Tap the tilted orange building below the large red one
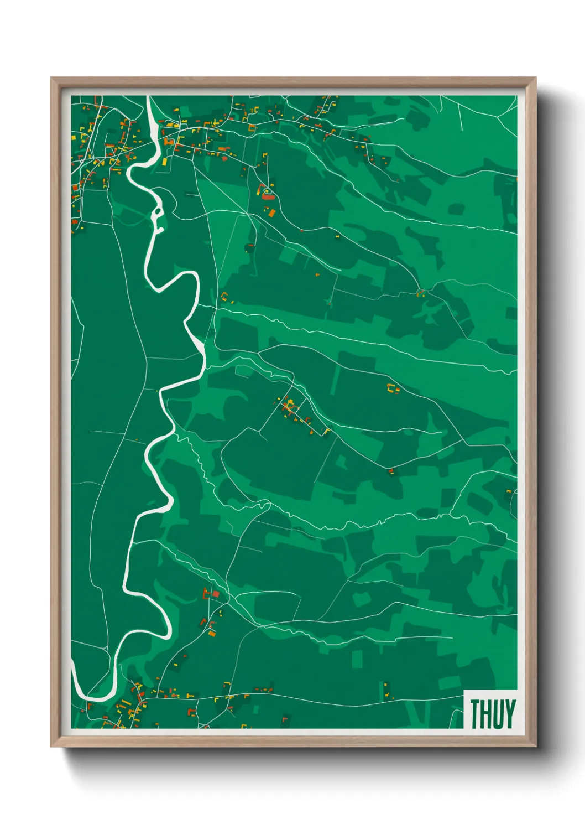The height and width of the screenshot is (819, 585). coord(271,212)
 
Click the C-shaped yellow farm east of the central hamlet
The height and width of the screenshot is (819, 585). coord(393,388)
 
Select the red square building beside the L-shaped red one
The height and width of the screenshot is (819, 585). coord(216,594)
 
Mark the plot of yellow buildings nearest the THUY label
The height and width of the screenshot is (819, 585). coord(387,690)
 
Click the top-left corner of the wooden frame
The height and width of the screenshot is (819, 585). coord(51,78)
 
